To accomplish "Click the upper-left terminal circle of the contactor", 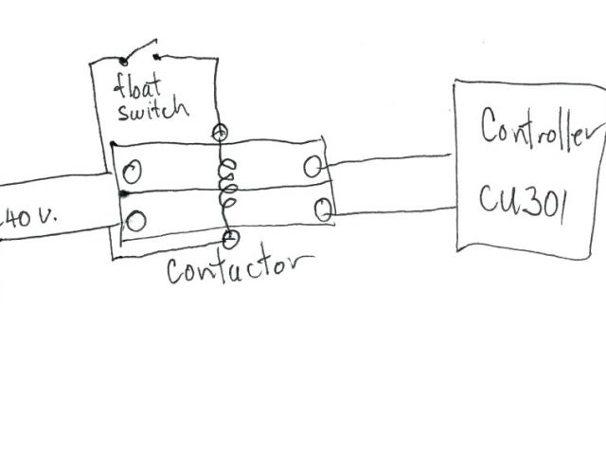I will pos(134,173).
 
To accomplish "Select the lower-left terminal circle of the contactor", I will pos(136,222).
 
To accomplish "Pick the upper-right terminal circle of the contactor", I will pos(312,168).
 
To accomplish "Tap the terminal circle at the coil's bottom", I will pos(229,237).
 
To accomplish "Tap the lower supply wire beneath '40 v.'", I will pos(57,233).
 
